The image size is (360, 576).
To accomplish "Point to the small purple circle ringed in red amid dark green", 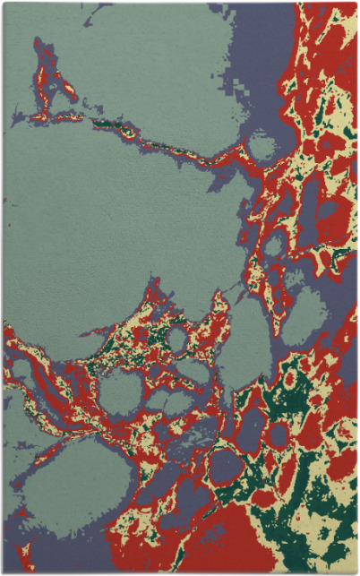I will pyautogui.click(x=279, y=435).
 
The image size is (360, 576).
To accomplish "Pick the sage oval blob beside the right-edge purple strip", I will pyautogui.click(x=308, y=310).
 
